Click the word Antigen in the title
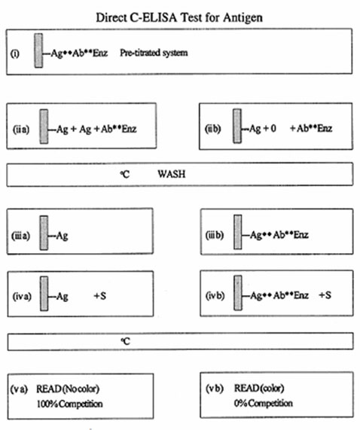tap(243, 18)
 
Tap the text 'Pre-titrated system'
tap(154, 53)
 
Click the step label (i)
tap(15, 53)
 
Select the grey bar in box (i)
tap(38, 50)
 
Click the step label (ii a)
tap(21, 129)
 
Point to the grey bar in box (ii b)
tap(237, 126)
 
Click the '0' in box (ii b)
tap(273, 128)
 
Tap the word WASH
tap(172, 174)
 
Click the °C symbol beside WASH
tap(125, 174)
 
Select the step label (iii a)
tap(20, 236)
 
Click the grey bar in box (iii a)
tap(44, 233)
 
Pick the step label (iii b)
tap(215, 235)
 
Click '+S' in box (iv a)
tap(100, 296)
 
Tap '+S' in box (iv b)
tap(325, 295)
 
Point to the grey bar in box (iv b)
tap(238, 293)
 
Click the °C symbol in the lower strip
tap(125, 341)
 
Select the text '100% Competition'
tap(69, 404)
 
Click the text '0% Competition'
tap(263, 403)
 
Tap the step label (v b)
tap(215, 389)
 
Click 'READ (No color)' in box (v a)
tap(68, 389)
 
